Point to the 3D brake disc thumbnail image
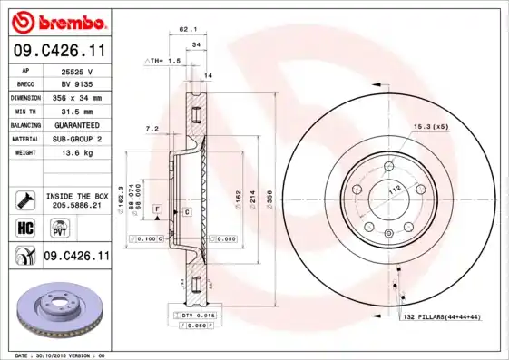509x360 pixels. tap(56, 308)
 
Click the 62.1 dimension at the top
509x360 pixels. tap(188, 29)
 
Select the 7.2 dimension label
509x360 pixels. tap(152, 129)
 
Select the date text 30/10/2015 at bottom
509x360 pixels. tap(63, 355)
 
